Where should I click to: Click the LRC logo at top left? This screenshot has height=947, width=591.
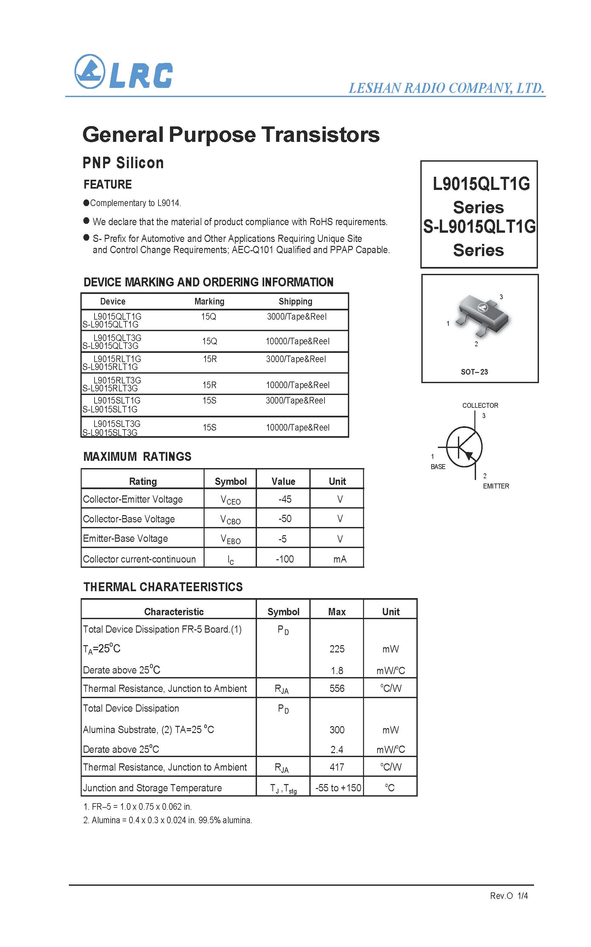123,72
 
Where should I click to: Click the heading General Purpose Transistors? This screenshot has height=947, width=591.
231,135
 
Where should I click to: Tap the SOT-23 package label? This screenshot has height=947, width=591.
474,372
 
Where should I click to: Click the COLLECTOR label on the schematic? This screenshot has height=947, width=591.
480,405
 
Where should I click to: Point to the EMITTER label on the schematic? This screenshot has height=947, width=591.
495,486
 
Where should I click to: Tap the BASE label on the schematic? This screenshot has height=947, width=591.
438,467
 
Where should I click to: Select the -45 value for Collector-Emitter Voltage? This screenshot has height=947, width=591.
285,499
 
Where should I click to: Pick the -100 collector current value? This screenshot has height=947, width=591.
285,559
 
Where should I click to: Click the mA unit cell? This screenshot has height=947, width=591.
340,559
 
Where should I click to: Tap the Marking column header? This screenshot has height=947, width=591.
209,302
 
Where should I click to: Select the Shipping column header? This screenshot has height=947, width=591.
295,302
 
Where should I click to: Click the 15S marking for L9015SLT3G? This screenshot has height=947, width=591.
209,427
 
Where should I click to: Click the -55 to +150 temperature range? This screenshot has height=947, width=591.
338,788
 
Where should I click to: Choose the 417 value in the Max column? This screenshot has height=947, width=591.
337,767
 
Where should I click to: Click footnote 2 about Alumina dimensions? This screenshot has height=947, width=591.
168,820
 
